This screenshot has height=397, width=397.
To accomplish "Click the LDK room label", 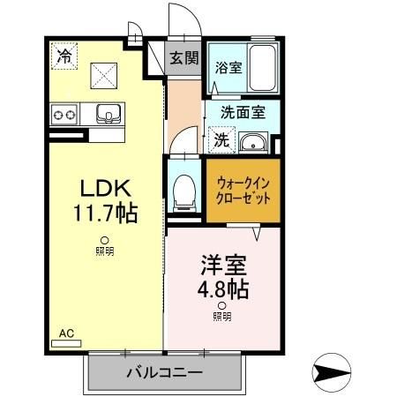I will click(x=106, y=188).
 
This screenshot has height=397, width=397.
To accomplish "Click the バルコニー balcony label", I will click(x=164, y=372).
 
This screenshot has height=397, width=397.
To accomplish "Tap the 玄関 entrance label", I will click(x=184, y=60).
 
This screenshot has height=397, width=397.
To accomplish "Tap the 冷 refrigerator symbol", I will click(x=64, y=55).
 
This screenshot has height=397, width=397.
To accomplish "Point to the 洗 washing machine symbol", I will click(x=221, y=139).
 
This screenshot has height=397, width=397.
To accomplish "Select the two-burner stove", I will click(x=64, y=113).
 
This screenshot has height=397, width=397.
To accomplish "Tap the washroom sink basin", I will click(x=253, y=141).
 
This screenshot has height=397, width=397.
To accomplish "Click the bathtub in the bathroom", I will click(x=260, y=66).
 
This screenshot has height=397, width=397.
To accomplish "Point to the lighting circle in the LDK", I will click(x=104, y=241).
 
